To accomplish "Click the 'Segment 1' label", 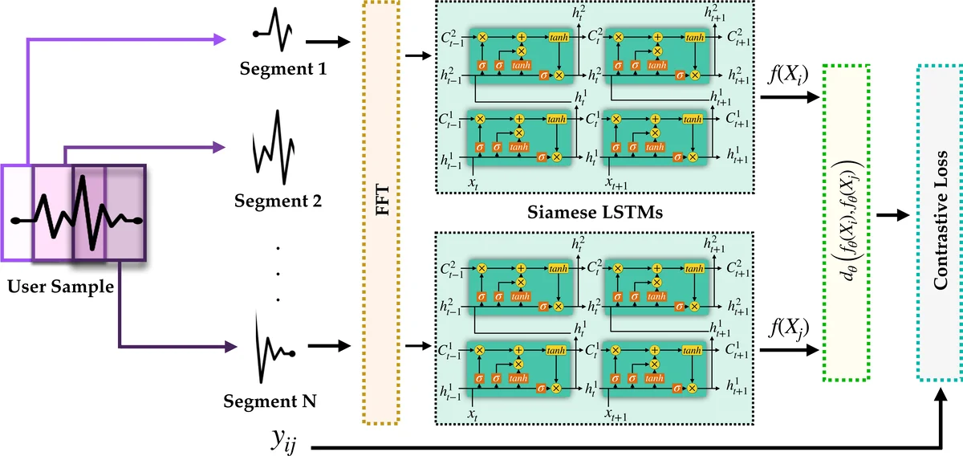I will pyautogui.click(x=282, y=71).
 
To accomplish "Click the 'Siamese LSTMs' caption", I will pyautogui.click(x=593, y=213).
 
